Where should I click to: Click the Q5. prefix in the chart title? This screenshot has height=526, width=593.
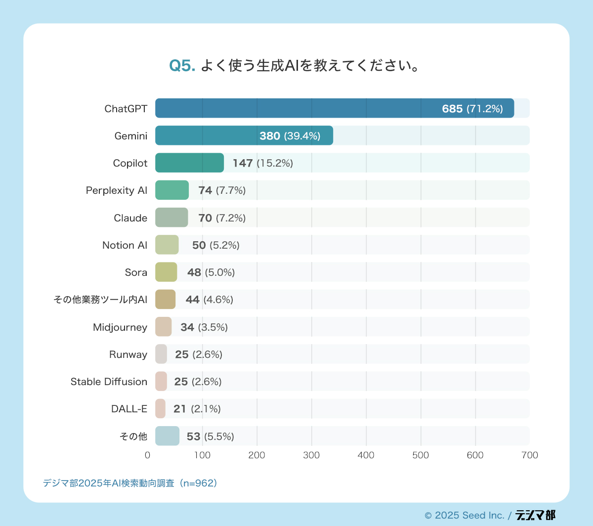tap(183, 66)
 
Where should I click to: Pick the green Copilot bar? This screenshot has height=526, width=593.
tap(189, 163)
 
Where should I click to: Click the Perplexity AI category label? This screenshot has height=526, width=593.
tap(117, 190)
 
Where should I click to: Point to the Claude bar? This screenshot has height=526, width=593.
tap(171, 218)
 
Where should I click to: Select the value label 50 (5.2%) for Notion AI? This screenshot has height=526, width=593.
tap(215, 245)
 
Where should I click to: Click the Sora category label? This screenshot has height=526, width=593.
tap(136, 272)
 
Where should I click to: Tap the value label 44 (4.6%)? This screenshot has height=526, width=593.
tap(209, 300)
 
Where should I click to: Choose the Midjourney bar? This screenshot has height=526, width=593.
tap(164, 327)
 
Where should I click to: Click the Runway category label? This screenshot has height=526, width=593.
tap(128, 354)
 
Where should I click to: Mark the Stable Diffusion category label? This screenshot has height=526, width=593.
tap(109, 382)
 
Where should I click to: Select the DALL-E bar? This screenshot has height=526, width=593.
tap(160, 409)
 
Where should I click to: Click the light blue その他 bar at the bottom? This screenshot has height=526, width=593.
tap(167, 436)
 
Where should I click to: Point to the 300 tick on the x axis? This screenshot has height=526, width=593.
tap(311, 455)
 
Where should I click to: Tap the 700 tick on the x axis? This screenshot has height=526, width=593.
tap(529, 455)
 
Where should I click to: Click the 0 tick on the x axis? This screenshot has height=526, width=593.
tap(148, 455)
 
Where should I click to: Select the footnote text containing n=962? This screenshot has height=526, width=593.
tap(130, 483)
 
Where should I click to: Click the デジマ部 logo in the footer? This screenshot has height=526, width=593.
tap(535, 515)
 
